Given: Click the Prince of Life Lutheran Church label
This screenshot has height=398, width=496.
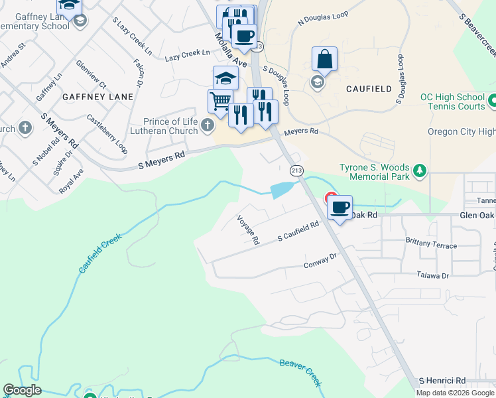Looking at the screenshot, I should click(x=171, y=126).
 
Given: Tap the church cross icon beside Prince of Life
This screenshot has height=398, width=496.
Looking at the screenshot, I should click(x=208, y=125).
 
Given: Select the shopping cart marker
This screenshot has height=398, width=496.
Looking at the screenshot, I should click(x=220, y=101).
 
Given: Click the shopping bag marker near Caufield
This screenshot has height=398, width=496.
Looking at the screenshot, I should click(x=325, y=59).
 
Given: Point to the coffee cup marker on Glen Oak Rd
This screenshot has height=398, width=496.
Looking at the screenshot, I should click(x=340, y=208).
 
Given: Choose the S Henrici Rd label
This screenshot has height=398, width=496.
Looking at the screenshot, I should click(x=442, y=381).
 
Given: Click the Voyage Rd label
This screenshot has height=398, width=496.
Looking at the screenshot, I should click(x=248, y=230).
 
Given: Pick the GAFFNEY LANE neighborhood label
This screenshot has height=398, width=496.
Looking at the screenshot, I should click(x=97, y=96).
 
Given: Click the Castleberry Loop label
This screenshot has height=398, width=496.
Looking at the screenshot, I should click(x=107, y=134).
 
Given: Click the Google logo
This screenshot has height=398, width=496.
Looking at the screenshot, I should click(x=23, y=390).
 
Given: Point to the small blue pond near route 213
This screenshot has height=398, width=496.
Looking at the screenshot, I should click(x=281, y=190).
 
